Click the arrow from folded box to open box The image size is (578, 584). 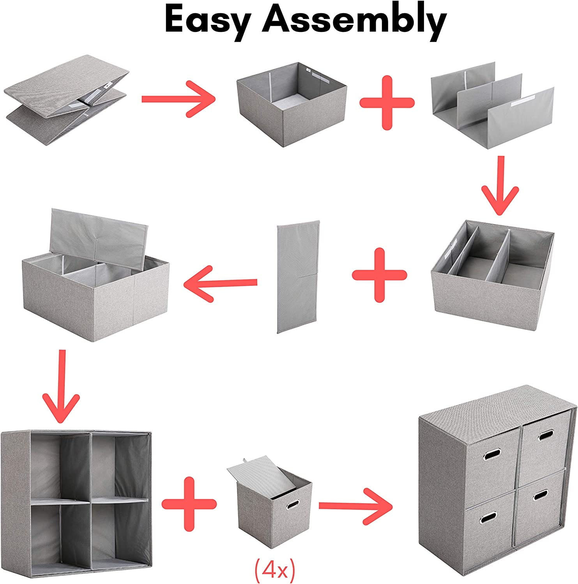178,99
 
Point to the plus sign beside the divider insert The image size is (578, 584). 387,103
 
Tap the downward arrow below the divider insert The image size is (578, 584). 500,186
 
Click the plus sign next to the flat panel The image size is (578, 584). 379,275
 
